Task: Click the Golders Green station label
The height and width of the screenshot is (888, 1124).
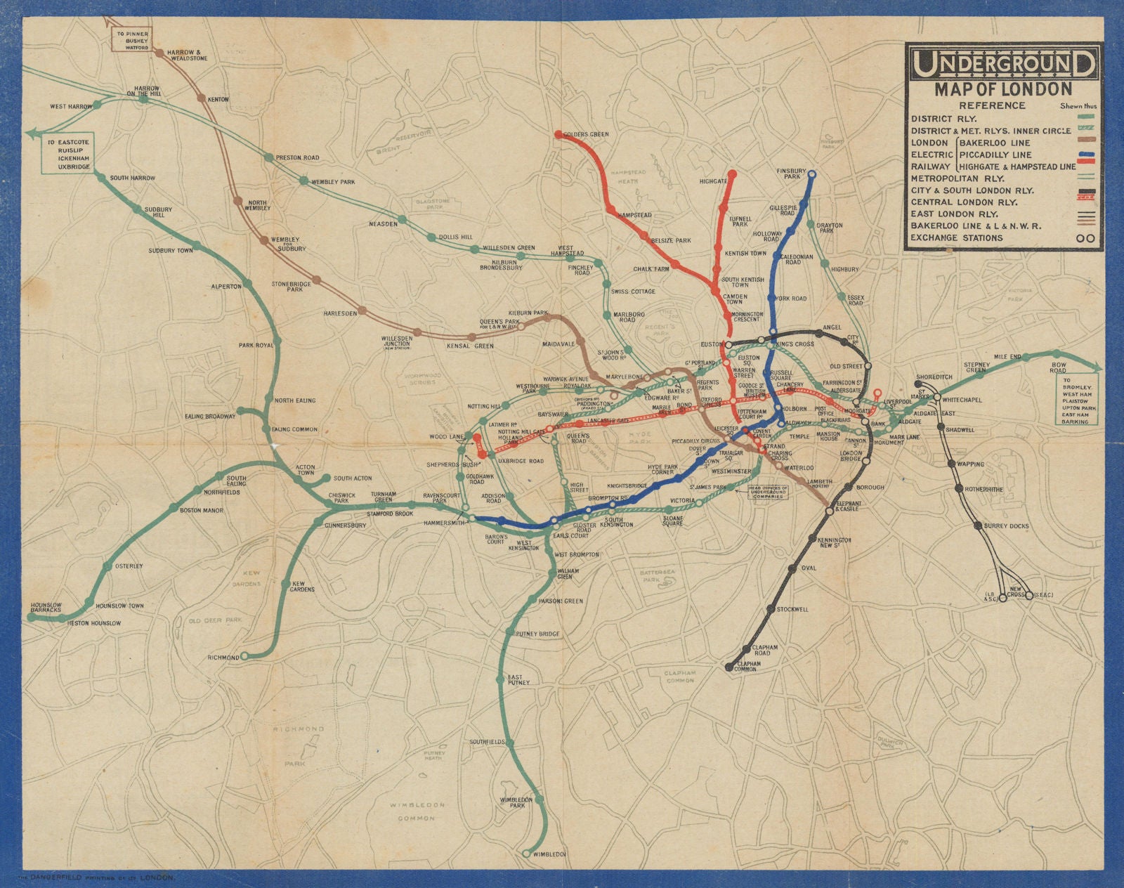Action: [x=589, y=134]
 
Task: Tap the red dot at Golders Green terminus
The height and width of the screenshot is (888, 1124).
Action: [x=558, y=133]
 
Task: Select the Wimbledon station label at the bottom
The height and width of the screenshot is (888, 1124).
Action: [x=549, y=854]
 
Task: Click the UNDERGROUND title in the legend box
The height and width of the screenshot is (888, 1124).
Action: [x=1002, y=65]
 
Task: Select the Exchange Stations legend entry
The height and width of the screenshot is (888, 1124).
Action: [x=957, y=237]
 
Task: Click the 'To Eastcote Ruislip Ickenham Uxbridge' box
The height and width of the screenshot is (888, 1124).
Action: [x=69, y=155]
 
